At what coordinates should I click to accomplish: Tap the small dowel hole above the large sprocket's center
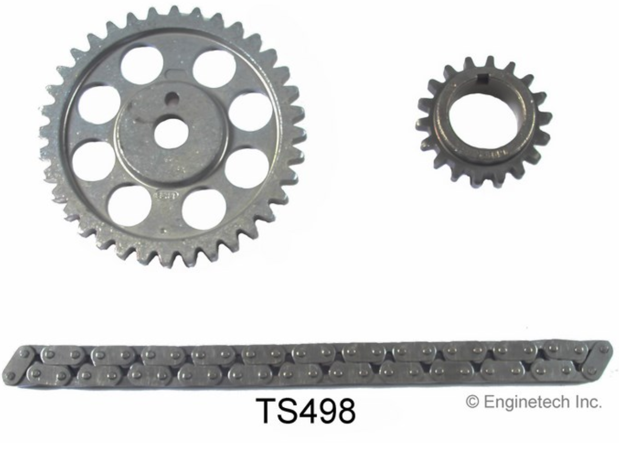(x=172, y=98)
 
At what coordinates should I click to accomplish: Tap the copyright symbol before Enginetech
(x=473, y=402)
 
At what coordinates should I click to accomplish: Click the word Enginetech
(x=528, y=403)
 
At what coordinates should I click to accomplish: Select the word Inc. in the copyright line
(x=589, y=402)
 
